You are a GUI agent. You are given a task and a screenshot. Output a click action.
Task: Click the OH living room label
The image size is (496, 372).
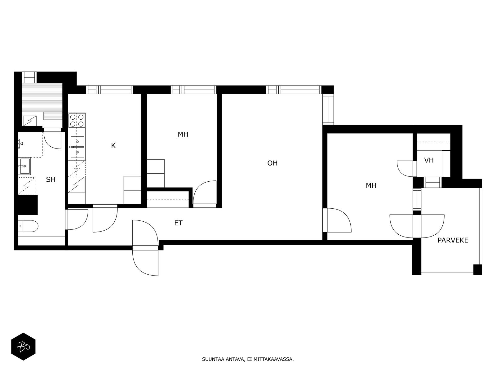pyautogui.click(x=272, y=163)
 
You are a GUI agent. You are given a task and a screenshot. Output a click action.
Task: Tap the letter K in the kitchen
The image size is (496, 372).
pyautogui.click(x=113, y=145)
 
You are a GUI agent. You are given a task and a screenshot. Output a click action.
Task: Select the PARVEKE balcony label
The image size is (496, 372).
pyautogui.click(x=453, y=240)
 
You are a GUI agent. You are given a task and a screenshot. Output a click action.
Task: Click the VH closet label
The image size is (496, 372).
pyautogui.click(x=429, y=160)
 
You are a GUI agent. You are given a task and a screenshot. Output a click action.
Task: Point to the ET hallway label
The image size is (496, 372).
pyautogui.click(x=178, y=223)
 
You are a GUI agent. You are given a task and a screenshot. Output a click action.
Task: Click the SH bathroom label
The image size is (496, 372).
pyautogui.click(x=51, y=179)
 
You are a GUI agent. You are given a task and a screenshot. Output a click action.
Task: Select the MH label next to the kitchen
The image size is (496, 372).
pyautogui.click(x=183, y=135)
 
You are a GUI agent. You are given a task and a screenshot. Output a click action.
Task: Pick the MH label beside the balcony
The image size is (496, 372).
pyautogui.click(x=371, y=186)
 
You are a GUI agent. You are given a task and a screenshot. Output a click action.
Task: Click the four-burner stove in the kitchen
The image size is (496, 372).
pyautogui.click(x=77, y=121)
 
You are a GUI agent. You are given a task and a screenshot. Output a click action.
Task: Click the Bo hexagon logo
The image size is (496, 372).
pyautogui.click(x=23, y=347)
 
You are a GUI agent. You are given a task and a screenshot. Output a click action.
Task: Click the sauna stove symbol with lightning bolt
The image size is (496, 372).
pyautogui.click(x=30, y=121)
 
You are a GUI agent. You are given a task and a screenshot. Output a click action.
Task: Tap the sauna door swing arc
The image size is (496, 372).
pyautogui.click(x=52, y=140)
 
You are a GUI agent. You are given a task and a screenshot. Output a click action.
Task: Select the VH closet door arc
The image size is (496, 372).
pyautogui.click(x=405, y=169)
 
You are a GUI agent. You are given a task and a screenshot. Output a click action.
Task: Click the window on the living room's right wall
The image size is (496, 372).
pyautogui.click(x=328, y=109)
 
